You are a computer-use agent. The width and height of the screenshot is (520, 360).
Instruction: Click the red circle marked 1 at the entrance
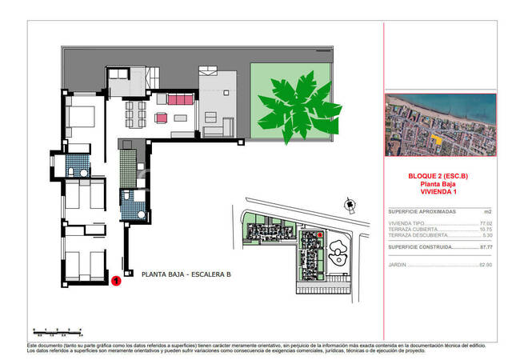pyautogui.click(x=117, y=281)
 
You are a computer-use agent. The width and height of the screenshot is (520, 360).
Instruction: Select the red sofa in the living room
pyautogui.click(x=180, y=99)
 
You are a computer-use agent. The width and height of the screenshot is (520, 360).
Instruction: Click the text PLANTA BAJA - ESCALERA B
pyautogui.click(x=186, y=274)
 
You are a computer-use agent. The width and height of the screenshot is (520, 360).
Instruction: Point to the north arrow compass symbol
pyautogui.click(x=350, y=205)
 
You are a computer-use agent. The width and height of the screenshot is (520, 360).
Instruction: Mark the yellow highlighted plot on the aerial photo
pyautogui.click(x=436, y=138)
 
